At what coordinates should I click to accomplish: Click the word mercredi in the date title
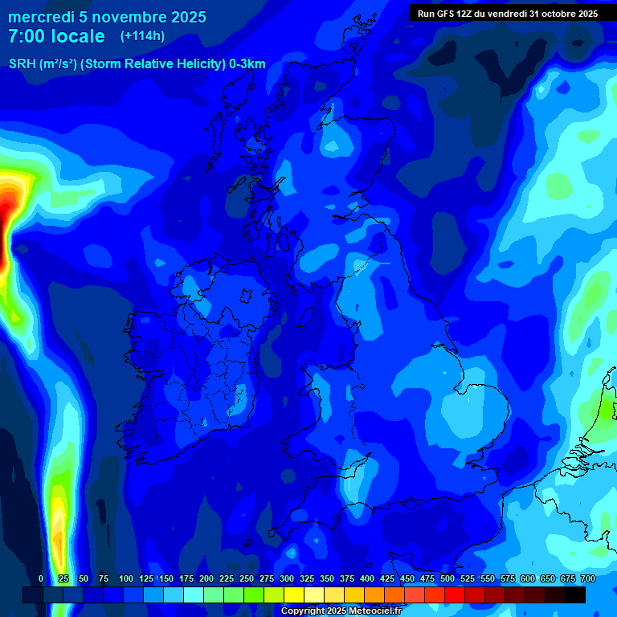pyautogui.click(x=40, y=17)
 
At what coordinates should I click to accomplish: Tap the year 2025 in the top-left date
pyautogui.click(x=182, y=17)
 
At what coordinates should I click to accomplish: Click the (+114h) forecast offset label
pyautogui.click(x=142, y=36)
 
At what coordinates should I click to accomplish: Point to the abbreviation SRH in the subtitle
pyautogui.click(x=22, y=64)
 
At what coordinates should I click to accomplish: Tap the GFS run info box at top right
pyautogui.click(x=504, y=13)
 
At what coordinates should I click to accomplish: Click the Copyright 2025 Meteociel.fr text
pyautogui.click(x=341, y=611)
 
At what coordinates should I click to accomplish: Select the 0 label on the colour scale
pyautogui.click(x=41, y=579)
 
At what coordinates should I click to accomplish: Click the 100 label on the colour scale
pyautogui.click(x=126, y=579)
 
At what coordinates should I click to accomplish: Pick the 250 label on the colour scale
pyautogui.click(x=247, y=579)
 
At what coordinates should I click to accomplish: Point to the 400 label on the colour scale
pyautogui.click(x=367, y=579)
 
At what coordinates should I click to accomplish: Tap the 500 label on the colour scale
pyautogui.click(x=447, y=579)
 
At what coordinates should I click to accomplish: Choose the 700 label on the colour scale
pyautogui.click(x=588, y=579)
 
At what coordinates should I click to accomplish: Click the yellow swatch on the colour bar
pyautogui.click(x=294, y=595)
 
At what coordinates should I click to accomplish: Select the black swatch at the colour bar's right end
pyautogui.click(x=574, y=595)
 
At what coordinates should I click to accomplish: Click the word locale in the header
pyautogui.click(x=76, y=36)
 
